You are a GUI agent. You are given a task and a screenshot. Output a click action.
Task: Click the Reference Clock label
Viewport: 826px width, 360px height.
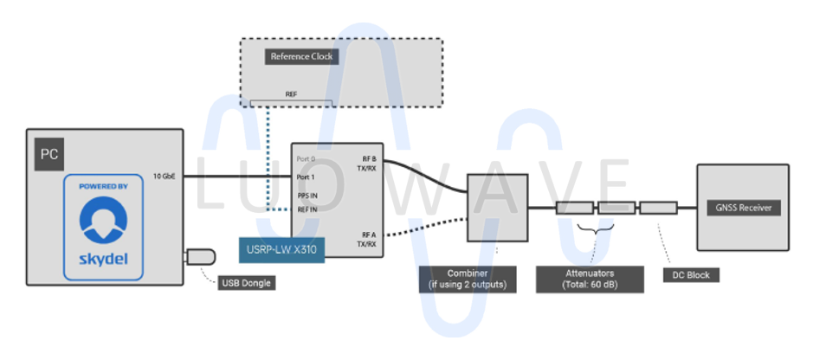tap(300, 57)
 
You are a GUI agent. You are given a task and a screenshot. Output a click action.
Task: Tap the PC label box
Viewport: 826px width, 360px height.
tap(48, 156)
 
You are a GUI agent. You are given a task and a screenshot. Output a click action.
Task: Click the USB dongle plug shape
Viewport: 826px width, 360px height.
tap(201, 257)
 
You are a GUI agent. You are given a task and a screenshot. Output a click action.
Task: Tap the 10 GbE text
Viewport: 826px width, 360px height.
tap(164, 176)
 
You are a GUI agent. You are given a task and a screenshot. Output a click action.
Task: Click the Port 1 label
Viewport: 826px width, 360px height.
tap(306, 177)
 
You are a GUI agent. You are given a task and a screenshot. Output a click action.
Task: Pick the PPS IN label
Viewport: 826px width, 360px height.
tap(307, 195)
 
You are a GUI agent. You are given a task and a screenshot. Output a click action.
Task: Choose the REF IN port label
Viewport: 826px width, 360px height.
tap(307, 209)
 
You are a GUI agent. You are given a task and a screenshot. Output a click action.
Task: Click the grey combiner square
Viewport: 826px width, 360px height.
tap(497, 207)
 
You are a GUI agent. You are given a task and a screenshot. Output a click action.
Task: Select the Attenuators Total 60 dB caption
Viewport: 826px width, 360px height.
tap(590, 279)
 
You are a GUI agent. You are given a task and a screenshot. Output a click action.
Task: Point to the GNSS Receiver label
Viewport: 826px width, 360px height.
tap(743, 208)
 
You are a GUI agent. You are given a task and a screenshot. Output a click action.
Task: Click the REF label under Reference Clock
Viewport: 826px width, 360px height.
tap(291, 94)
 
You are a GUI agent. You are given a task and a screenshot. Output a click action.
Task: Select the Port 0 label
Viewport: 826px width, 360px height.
tap(306, 160)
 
